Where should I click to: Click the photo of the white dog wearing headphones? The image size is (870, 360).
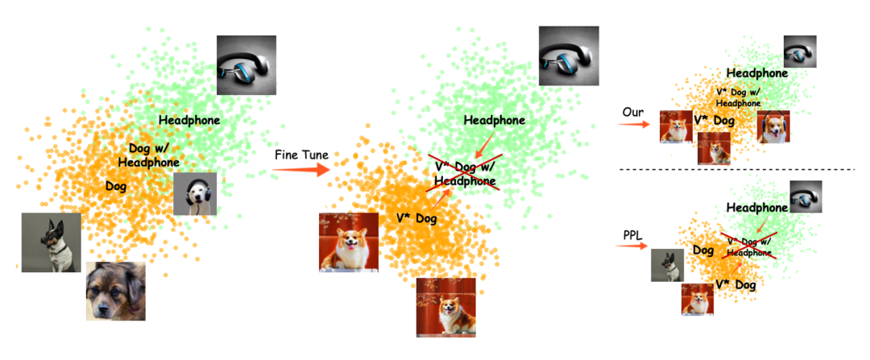pyautogui.click(x=195, y=193)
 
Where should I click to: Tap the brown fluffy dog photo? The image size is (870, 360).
pyautogui.click(x=116, y=291)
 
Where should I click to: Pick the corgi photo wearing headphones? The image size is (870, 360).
pyautogui.click(x=773, y=127)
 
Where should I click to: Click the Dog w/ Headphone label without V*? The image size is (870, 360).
pyautogui.click(x=148, y=155)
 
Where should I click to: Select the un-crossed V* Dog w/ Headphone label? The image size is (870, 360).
pyautogui.click(x=738, y=97)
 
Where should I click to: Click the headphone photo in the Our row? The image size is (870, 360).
pyautogui.click(x=800, y=52)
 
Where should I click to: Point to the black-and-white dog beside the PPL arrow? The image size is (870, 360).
pyautogui.click(x=667, y=265)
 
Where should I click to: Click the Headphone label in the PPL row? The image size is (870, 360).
pyautogui.click(x=757, y=208)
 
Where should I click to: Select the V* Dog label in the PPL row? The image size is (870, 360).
pyautogui.click(x=735, y=285)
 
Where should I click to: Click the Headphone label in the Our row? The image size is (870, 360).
pyautogui.click(x=757, y=73)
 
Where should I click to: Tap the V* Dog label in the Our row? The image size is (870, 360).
pyautogui.click(x=714, y=121)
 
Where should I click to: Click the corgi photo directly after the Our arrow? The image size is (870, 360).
pyautogui.click(x=676, y=127)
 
